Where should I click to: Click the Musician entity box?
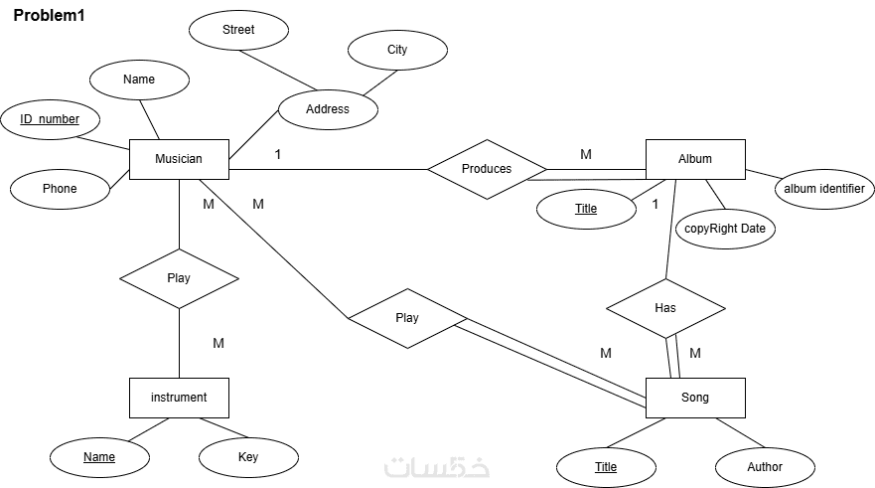tap(179, 159)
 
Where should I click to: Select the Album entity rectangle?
tap(695, 159)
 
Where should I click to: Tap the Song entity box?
tap(695, 398)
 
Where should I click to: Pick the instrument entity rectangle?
tap(179, 398)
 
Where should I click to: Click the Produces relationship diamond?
tap(487, 169)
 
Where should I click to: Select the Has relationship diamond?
tap(665, 308)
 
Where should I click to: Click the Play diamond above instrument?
tap(179, 278)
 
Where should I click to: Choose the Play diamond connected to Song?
tap(407, 318)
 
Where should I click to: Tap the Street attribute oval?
tap(238, 30)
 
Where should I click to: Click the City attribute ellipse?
tap(397, 50)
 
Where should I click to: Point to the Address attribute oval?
tap(328, 109)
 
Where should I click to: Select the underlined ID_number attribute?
tap(50, 119)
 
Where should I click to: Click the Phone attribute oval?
tap(60, 189)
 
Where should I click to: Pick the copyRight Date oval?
tap(726, 229)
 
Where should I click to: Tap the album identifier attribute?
tap(824, 189)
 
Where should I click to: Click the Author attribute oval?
tap(765, 467)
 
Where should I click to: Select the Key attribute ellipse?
tap(248, 457)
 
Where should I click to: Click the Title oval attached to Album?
tap(586, 209)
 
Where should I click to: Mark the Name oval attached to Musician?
tap(139, 80)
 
